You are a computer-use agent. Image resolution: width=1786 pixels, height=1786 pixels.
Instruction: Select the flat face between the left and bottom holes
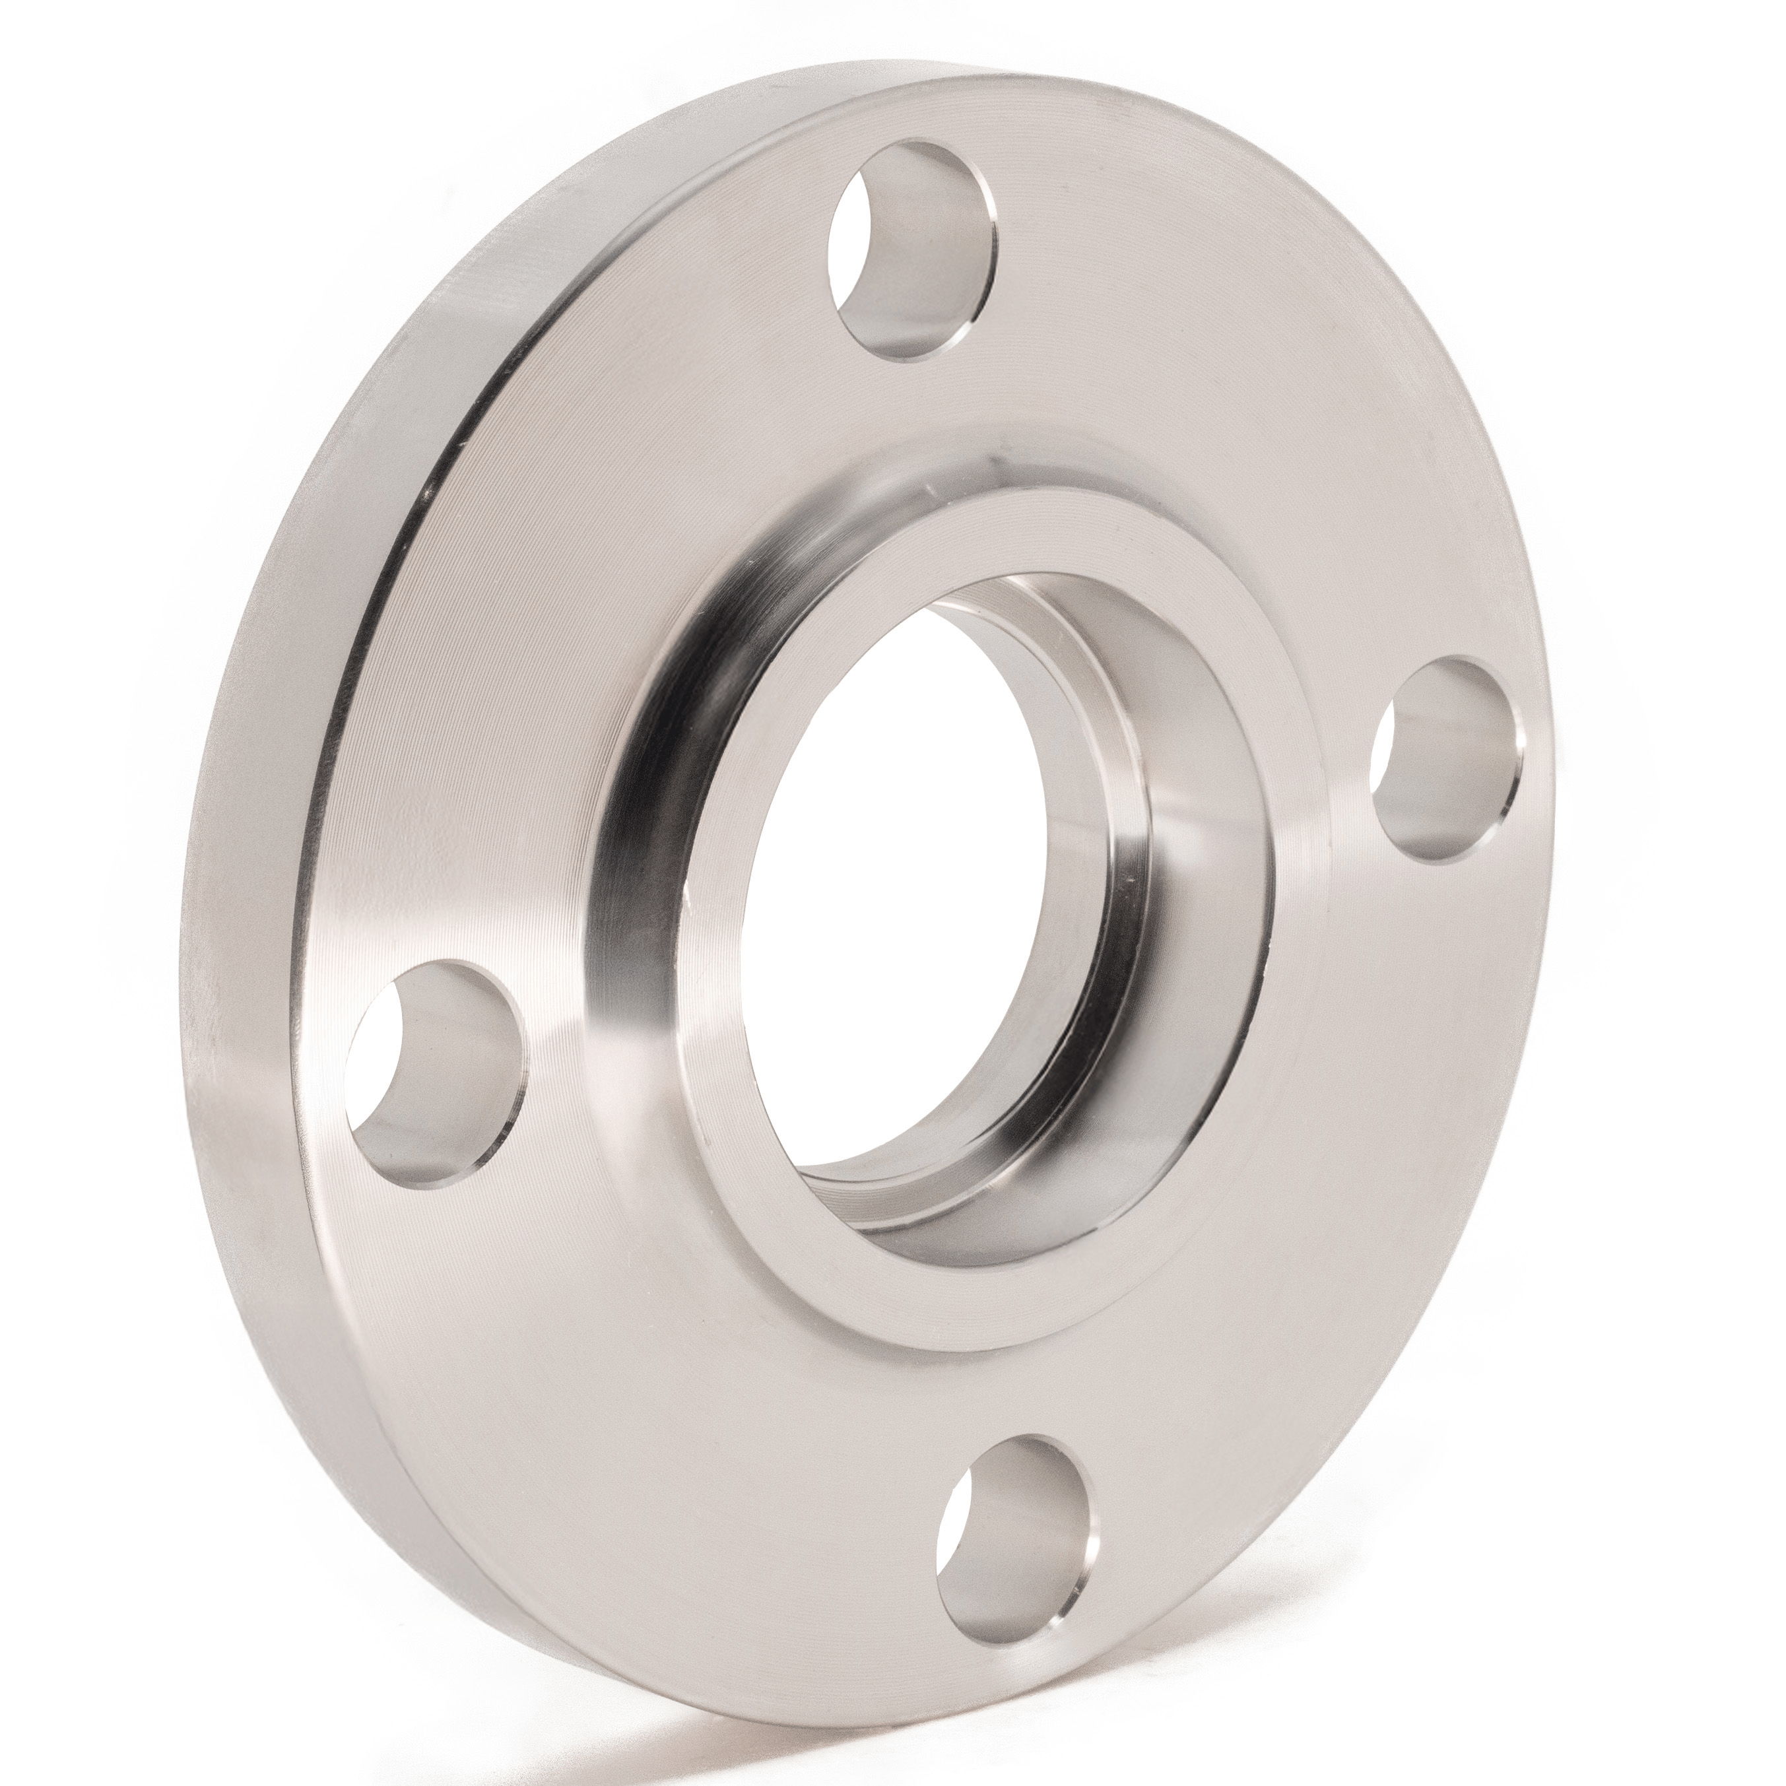click(647, 1387)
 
